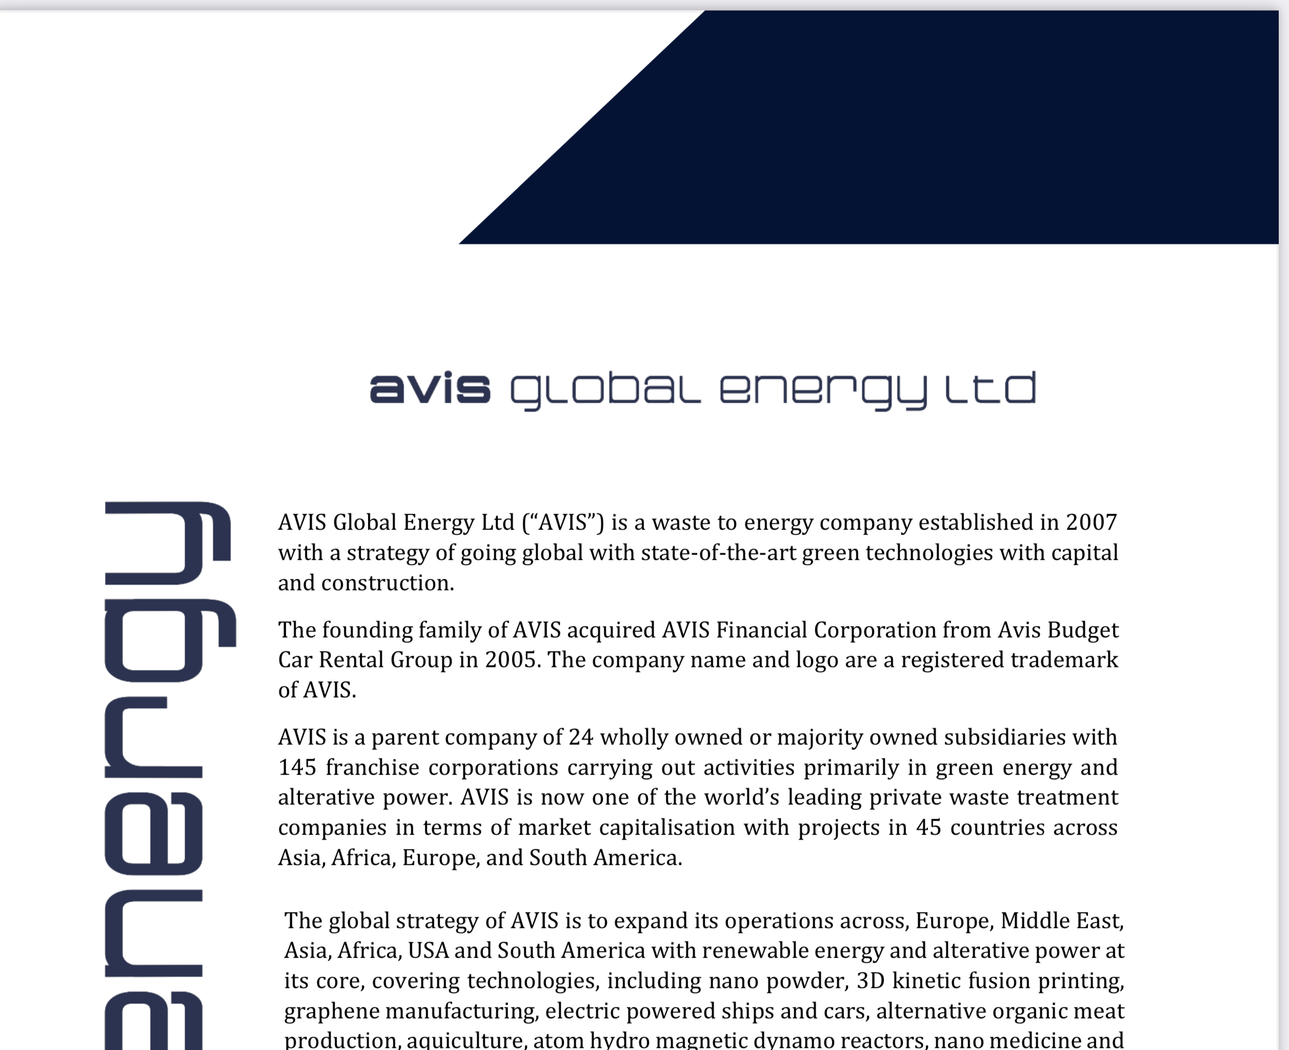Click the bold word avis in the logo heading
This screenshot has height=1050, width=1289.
[430, 389]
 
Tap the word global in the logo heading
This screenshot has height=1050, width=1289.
[605, 390]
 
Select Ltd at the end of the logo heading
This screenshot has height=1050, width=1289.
[991, 389]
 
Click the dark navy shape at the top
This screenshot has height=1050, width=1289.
[908, 127]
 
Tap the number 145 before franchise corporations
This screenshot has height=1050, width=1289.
[297, 768]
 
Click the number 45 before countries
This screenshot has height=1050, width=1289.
[929, 827]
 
